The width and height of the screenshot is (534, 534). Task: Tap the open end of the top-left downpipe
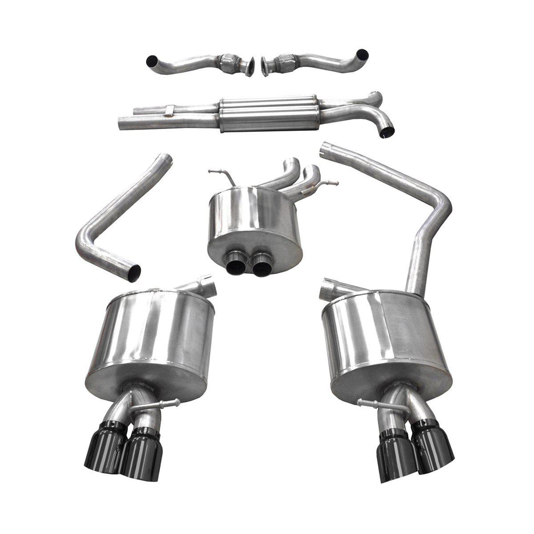click(151, 60)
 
